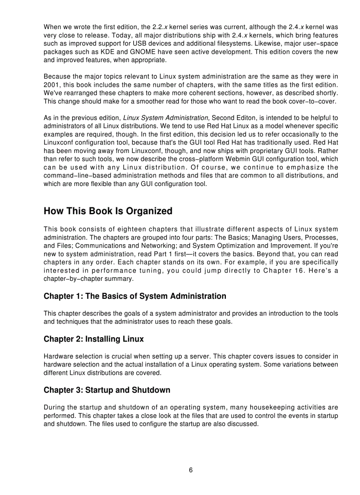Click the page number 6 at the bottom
[x=191, y=470]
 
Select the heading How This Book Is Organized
[x=108, y=211]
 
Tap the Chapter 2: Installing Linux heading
[x=94, y=339]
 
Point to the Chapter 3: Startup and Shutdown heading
[x=107, y=390]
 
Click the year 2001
[x=51, y=85]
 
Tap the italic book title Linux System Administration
[x=165, y=118]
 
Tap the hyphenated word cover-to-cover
[x=311, y=101]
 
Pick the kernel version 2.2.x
[x=154, y=27]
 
